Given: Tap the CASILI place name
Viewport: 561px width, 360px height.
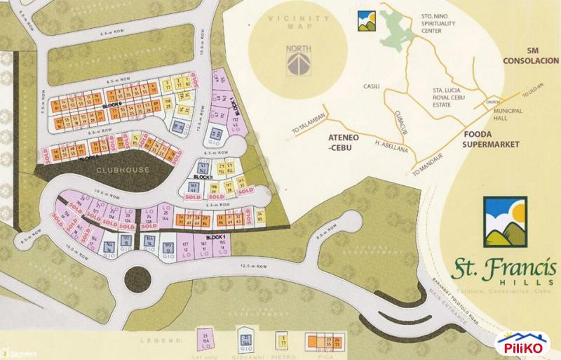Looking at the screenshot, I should click(x=370, y=86).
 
